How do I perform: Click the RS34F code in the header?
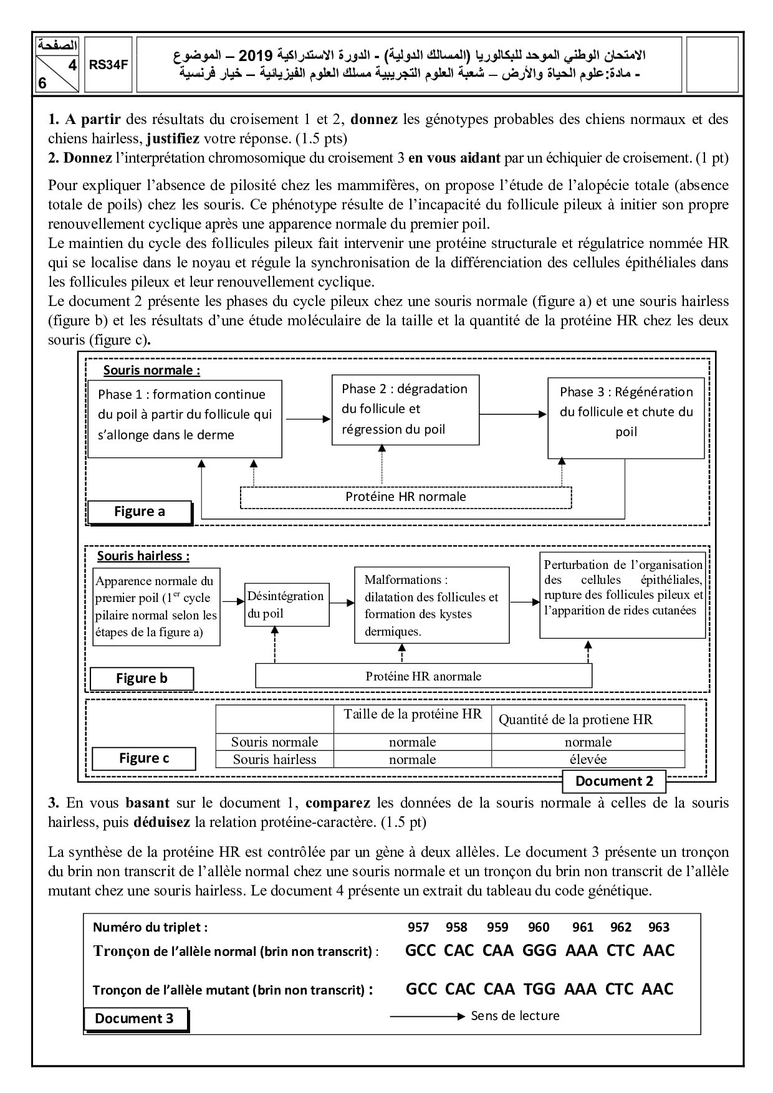(108, 64)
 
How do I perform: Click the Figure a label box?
(140, 512)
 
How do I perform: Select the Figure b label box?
(142, 679)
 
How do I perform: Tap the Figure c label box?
(143, 758)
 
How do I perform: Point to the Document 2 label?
(613, 781)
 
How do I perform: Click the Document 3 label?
(135, 1018)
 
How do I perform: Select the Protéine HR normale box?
(406, 497)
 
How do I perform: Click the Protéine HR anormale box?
(423, 676)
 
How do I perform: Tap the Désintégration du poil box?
(286, 604)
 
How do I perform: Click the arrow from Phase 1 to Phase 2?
(307, 419)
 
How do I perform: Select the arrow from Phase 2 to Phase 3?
(513, 414)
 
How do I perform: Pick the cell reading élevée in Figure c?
(588, 759)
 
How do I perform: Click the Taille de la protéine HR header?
(413, 715)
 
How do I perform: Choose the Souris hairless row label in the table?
(274, 759)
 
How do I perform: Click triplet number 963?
(658, 927)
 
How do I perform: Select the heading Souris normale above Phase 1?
(151, 370)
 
